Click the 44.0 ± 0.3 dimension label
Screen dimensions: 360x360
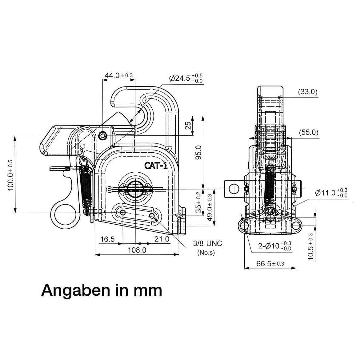pos(119,75)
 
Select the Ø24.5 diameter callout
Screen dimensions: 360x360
pos(186,78)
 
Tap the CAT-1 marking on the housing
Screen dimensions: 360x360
pos(156,165)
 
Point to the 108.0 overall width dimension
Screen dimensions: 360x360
pos(137,250)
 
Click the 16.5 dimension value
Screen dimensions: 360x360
pos(107,239)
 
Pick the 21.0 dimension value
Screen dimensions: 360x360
pos(162,239)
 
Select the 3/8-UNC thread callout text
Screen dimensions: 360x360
pos(208,243)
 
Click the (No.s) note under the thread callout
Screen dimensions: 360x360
pos(206,253)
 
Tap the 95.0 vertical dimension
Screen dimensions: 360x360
pos(198,152)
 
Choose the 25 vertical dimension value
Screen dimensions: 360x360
pos(188,125)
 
